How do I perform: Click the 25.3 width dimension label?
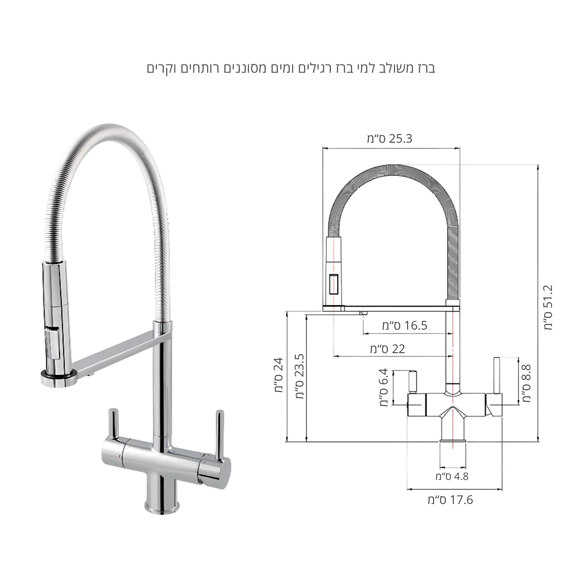[x=389, y=139]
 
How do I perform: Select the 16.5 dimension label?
[x=405, y=325]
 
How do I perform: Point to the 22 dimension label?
[x=388, y=349]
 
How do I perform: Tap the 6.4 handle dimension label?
[x=384, y=388]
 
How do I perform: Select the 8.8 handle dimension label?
[x=527, y=383]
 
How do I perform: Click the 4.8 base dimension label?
[x=452, y=476]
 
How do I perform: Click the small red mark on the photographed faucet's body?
[x=120, y=465]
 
